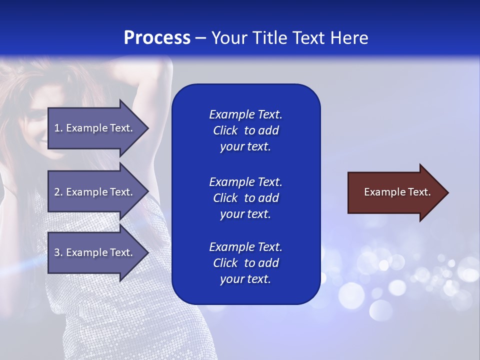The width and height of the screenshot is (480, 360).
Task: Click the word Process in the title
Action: [x=157, y=37]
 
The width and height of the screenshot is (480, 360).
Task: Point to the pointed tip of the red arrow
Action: [x=447, y=192]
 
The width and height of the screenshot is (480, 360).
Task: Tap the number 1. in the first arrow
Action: [x=58, y=128]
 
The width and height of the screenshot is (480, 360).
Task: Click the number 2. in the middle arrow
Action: [x=58, y=192]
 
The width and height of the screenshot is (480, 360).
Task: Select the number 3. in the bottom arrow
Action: [x=58, y=252]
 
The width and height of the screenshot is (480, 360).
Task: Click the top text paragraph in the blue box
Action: [x=245, y=130]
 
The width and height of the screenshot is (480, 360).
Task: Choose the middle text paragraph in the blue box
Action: [x=245, y=198]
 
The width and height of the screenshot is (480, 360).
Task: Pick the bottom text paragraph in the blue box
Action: [x=245, y=263]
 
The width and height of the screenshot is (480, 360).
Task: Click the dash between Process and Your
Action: [x=200, y=38]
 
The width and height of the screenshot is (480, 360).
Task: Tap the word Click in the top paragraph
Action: [x=225, y=130]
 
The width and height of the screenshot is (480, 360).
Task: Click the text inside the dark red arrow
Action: [x=397, y=192]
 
